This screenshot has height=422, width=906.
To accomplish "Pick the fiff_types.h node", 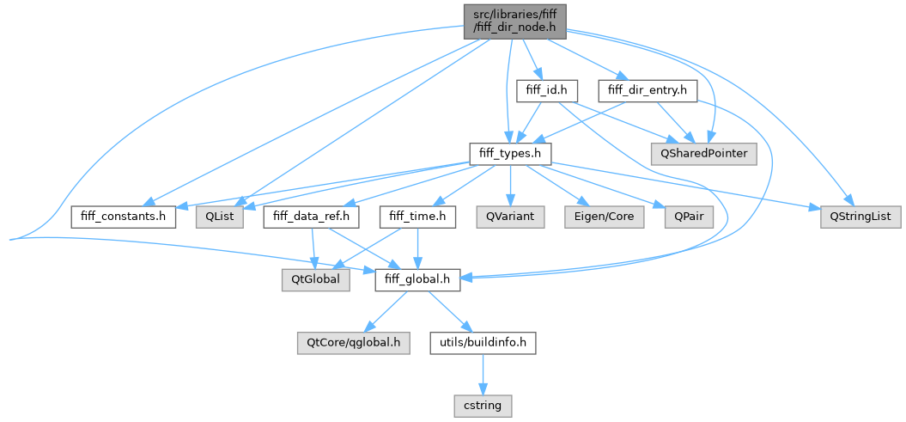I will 510,153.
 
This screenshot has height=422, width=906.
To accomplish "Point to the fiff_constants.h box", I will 124,217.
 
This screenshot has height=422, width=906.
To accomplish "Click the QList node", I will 221,217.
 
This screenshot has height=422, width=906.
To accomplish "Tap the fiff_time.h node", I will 417,217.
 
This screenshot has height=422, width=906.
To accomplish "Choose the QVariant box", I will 510,217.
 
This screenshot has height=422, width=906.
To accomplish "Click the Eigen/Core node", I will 600,217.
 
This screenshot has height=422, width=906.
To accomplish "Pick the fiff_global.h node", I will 417,279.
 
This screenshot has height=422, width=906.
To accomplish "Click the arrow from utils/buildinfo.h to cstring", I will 485,374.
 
